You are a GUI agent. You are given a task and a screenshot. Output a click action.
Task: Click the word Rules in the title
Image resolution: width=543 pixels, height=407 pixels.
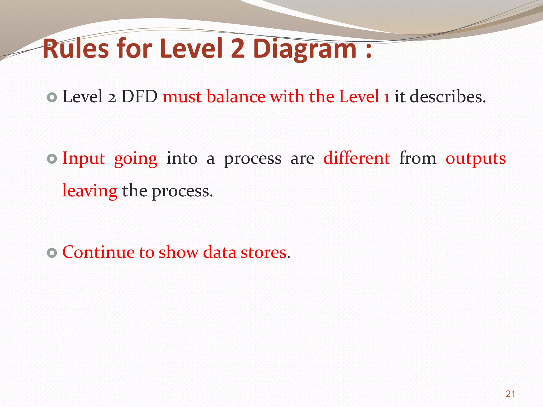click(x=76, y=48)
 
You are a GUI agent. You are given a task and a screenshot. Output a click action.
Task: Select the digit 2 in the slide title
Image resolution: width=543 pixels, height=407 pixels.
click(x=238, y=48)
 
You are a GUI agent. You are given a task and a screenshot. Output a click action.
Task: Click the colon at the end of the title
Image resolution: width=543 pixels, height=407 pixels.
click(x=368, y=50)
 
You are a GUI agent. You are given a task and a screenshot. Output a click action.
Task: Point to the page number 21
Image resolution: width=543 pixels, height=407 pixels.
click(x=510, y=394)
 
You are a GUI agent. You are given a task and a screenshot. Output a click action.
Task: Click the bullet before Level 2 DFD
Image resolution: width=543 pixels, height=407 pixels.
click(x=52, y=98)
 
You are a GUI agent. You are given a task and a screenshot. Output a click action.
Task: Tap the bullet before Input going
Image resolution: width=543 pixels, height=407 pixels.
click(x=52, y=159)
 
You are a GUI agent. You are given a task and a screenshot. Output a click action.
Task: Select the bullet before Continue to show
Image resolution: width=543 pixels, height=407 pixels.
click(x=52, y=253)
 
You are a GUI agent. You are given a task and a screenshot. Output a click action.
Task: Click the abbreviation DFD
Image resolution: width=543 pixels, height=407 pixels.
click(x=139, y=96)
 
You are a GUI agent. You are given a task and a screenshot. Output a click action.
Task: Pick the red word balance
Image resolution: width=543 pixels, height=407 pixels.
click(x=236, y=96)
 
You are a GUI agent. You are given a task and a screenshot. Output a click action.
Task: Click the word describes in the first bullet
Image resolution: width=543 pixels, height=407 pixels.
click(x=448, y=96)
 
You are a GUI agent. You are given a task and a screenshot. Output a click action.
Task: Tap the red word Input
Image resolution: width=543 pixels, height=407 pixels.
click(x=84, y=158)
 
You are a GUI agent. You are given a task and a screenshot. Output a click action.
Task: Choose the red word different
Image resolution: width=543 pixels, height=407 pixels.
click(x=357, y=158)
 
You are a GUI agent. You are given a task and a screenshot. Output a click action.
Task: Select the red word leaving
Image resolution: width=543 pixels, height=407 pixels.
click(x=90, y=191)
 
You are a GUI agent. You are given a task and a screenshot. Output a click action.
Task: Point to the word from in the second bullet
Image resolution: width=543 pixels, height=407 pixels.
click(x=418, y=158)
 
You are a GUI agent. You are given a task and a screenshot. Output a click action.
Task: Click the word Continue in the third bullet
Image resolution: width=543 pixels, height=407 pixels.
click(x=98, y=252)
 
